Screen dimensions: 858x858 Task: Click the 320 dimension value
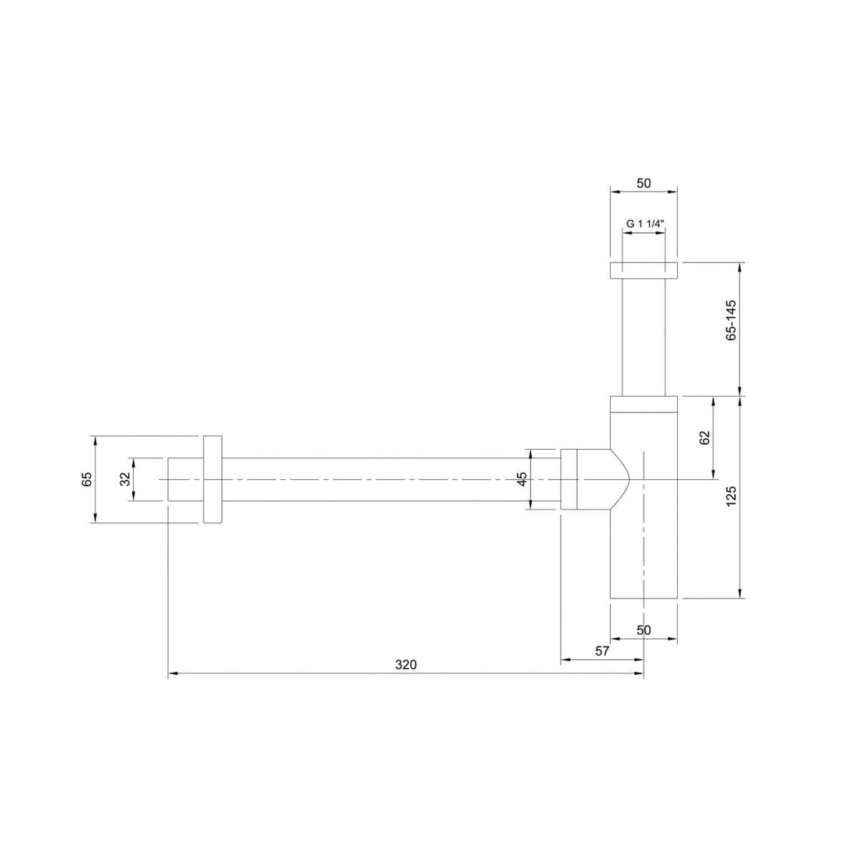click(405, 665)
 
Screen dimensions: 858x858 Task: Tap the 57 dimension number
click(601, 651)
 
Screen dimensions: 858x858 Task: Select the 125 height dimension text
click(731, 496)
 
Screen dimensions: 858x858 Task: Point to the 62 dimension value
click(705, 438)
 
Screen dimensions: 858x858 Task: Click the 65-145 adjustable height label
click(731, 320)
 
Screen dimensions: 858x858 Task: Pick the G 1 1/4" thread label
click(643, 224)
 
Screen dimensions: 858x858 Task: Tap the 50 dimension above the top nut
click(643, 183)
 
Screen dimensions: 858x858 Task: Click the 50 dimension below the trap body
click(643, 630)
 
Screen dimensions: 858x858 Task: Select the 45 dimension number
click(523, 478)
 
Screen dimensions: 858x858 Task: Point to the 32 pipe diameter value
click(126, 478)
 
